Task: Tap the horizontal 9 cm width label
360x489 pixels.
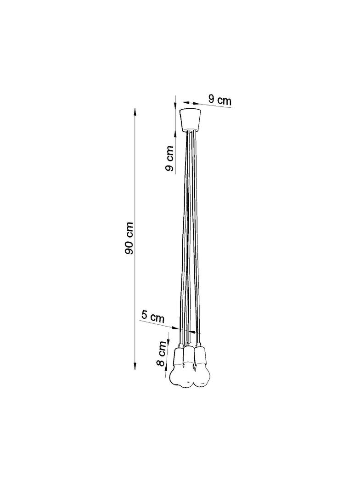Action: coord(220,100)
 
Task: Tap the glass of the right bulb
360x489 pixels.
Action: coord(201,374)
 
